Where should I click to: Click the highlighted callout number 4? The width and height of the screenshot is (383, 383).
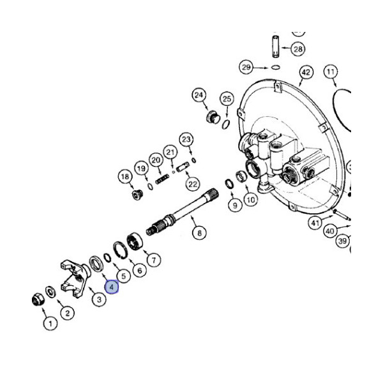pyautogui.click(x=112, y=287)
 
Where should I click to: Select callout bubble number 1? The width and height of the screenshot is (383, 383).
pyautogui.click(x=49, y=324)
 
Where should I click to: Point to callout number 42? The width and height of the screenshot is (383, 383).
pyautogui.click(x=306, y=72)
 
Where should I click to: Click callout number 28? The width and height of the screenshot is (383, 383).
pyautogui.click(x=298, y=49)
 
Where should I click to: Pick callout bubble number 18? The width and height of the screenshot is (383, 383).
pyautogui.click(x=125, y=177)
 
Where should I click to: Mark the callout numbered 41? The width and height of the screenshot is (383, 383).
pyautogui.click(x=315, y=223)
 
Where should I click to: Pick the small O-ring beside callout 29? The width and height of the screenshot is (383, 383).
pyautogui.click(x=275, y=67)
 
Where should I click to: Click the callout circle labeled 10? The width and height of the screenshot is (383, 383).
pyautogui.click(x=250, y=200)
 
